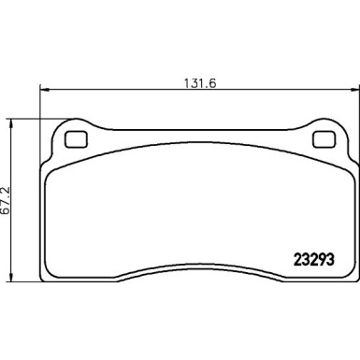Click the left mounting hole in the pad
75,141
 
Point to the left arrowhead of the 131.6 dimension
43,91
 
